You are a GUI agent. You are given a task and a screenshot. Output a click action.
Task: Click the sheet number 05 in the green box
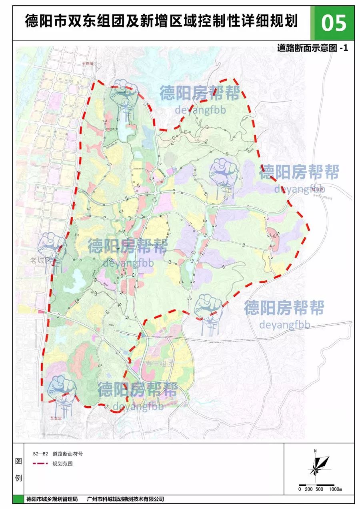click(x=333, y=23)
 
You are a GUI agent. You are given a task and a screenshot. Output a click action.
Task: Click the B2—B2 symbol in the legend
click(x=40, y=454)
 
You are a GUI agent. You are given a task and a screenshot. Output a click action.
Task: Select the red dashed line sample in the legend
click(x=40, y=464)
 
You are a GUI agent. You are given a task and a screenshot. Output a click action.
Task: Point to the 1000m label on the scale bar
click(x=335, y=489)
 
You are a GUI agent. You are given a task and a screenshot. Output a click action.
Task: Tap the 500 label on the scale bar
click(x=319, y=489)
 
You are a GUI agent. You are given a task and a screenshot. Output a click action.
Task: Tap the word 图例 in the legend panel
click(x=18, y=470)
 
